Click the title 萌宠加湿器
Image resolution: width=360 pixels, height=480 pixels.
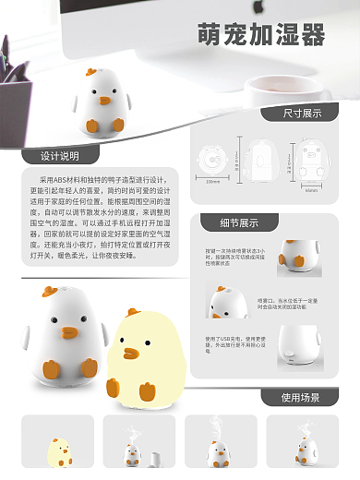261,36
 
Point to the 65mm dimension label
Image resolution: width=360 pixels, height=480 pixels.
311,192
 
